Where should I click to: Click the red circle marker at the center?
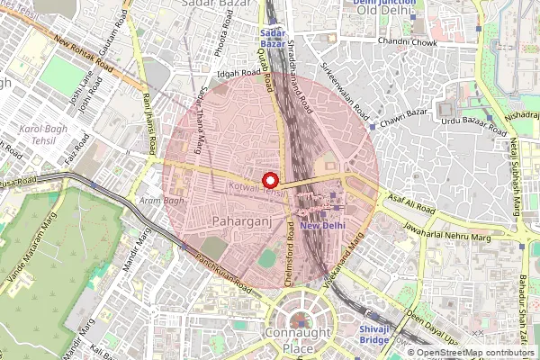(269, 178)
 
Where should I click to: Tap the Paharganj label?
(238, 220)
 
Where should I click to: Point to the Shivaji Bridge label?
(373, 335)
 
